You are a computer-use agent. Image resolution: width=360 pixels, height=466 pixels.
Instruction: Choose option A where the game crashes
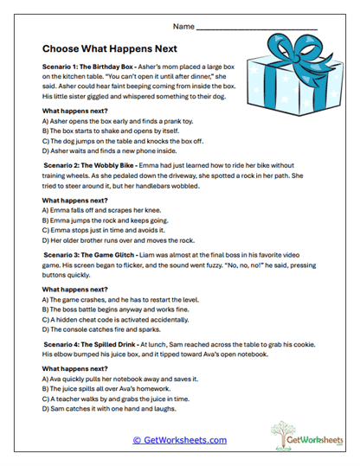pyautogui.click(x=116, y=298)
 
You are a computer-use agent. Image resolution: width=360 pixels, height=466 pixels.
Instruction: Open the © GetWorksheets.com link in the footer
pyautogui.click(x=179, y=440)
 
